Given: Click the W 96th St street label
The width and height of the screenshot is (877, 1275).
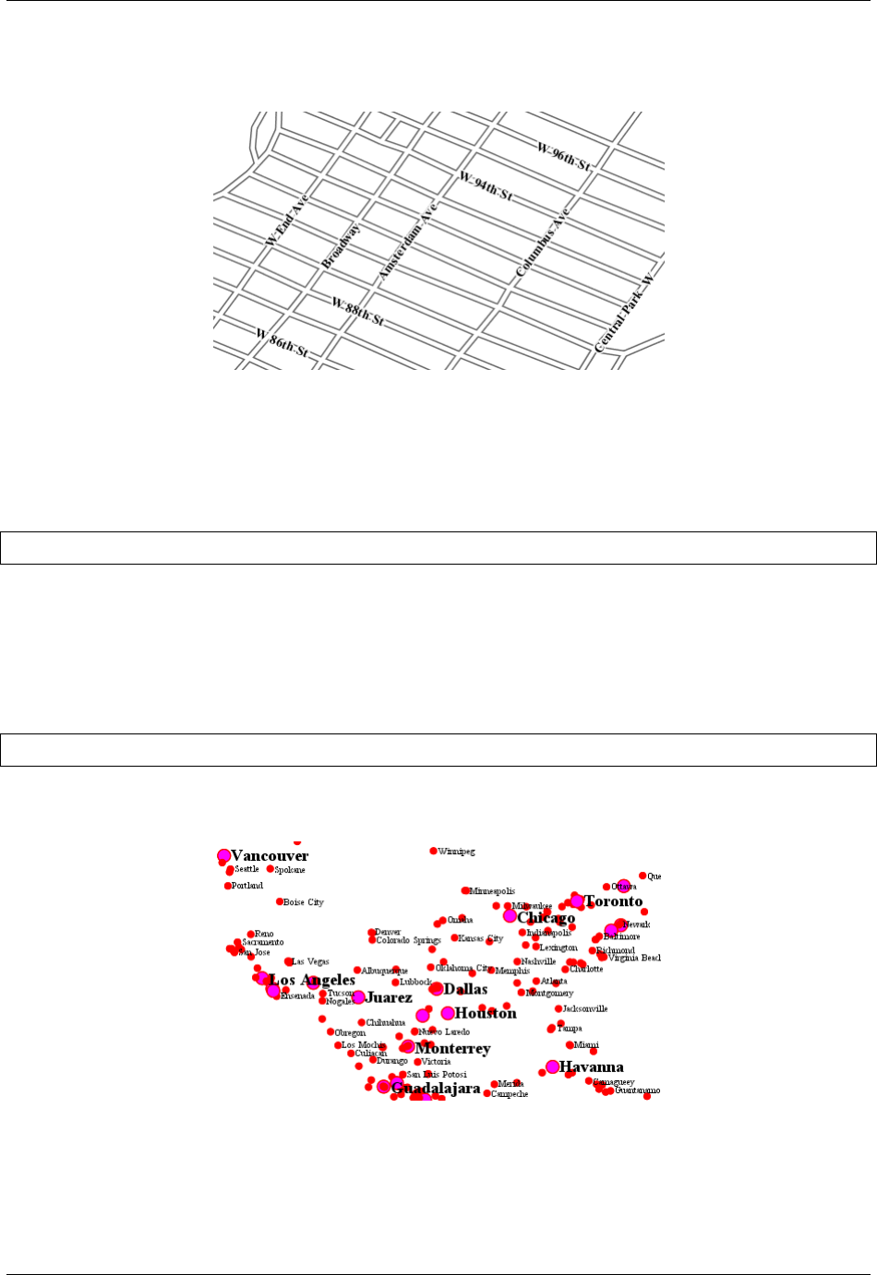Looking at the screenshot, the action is (x=564, y=157).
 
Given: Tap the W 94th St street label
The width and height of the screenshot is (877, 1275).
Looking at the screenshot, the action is (x=486, y=187).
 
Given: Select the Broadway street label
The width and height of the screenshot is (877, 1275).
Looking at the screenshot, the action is (x=341, y=246).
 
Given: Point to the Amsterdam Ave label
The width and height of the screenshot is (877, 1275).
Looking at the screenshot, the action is (x=406, y=242).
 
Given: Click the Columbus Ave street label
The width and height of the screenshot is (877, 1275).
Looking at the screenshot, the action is (x=543, y=242).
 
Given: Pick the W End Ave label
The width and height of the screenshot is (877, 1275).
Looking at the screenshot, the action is (x=286, y=220).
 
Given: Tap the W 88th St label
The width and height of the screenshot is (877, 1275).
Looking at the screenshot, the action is (x=357, y=312).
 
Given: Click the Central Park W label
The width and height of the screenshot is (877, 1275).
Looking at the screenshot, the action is (x=624, y=313).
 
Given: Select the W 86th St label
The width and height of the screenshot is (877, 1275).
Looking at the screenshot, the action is (x=282, y=343).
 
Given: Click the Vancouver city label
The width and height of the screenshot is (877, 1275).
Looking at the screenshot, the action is (x=270, y=856).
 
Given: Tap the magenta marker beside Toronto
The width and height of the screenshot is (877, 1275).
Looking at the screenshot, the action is (x=577, y=900).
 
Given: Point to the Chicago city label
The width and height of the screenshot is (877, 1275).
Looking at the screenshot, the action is (x=546, y=918).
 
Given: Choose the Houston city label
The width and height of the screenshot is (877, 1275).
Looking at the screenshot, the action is (x=486, y=1013).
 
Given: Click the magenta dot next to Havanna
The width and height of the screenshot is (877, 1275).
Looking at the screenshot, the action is (x=552, y=1066).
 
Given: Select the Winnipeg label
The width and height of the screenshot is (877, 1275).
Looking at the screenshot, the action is (x=457, y=852).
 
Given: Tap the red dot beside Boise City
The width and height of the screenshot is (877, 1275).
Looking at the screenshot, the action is (x=280, y=901).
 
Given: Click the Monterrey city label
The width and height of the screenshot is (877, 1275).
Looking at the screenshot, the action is (x=452, y=1049).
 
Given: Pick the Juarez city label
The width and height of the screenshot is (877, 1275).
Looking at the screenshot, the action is (x=389, y=997).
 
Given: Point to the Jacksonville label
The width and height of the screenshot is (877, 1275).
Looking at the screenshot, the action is (x=585, y=1008).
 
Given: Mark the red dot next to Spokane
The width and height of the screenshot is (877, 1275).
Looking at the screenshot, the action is (x=270, y=869).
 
